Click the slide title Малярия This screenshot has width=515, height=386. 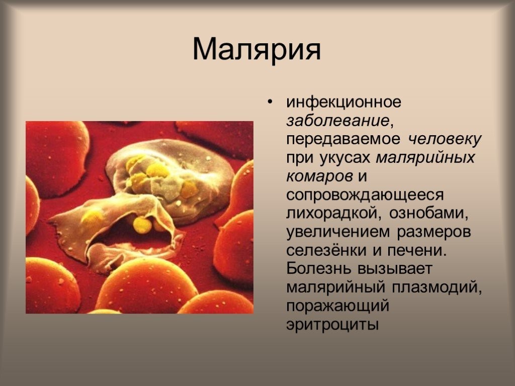[x=256, y=49]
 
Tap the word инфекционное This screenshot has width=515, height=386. [x=344, y=102]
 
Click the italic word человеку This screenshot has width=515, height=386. [x=445, y=139]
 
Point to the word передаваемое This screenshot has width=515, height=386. [x=343, y=140]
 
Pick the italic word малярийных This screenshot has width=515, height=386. [x=425, y=158]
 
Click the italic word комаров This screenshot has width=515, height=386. [x=319, y=177]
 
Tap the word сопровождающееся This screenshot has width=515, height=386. [x=365, y=196]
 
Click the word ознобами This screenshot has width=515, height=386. [x=428, y=214]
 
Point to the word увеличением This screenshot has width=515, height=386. [x=338, y=233]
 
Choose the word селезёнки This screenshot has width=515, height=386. [x=326, y=250]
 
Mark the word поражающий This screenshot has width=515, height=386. [x=337, y=307]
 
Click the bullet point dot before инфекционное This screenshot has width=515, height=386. [x=270, y=102]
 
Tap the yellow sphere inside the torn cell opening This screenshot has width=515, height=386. [x=142, y=225]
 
